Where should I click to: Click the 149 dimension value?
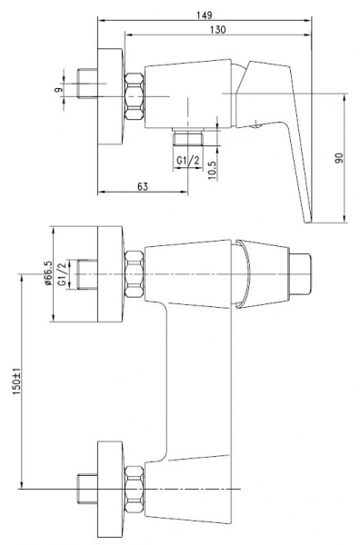pos(205,15)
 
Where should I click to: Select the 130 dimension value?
pos(218,30)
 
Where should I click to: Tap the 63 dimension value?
pos(143,186)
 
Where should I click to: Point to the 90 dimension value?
pos(339,158)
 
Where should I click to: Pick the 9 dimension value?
pos(59,89)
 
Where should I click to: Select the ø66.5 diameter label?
pos(48,273)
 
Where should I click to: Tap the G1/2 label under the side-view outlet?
pos(188,161)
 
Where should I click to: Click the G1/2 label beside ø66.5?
pos(62,274)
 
